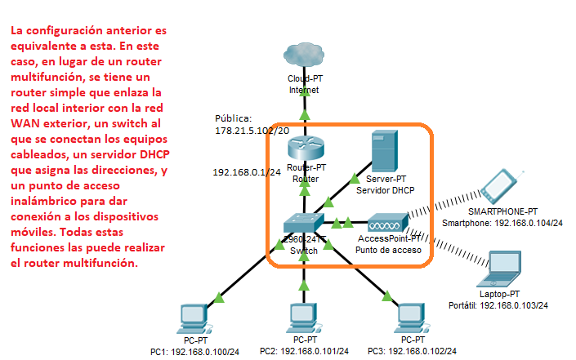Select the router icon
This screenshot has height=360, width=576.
click(x=306, y=147)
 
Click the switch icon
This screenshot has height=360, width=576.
click(x=303, y=224)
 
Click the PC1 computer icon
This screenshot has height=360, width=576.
click(x=194, y=318)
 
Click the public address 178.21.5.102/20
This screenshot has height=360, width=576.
click(x=252, y=131)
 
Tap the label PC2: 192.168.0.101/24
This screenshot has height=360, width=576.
click(x=304, y=351)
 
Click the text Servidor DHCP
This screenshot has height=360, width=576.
click(x=385, y=190)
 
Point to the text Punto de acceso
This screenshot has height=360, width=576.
click(x=388, y=250)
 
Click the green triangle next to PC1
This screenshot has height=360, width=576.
click(x=219, y=297)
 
